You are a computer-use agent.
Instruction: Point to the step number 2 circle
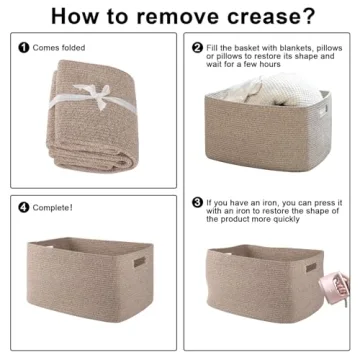(x=197, y=47)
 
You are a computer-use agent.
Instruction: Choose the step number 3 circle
(x=197, y=201)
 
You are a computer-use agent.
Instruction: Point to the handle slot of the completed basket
(x=139, y=263)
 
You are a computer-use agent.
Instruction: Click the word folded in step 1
(x=71, y=47)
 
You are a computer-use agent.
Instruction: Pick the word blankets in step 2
(x=286, y=47)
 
